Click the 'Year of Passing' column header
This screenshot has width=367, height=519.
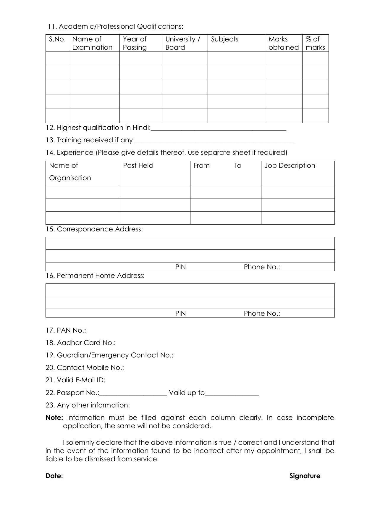[135, 43]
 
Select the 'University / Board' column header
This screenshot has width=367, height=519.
[182, 43]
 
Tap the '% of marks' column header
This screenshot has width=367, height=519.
[315, 43]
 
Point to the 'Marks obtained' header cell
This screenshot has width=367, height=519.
[283, 43]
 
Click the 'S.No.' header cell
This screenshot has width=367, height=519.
[57, 39]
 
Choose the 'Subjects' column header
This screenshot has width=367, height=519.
[224, 39]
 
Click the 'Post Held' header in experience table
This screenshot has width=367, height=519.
[138, 165]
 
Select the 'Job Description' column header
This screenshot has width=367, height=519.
[290, 165]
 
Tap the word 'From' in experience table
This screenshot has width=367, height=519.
[201, 165]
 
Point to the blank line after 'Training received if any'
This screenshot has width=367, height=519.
[214, 141]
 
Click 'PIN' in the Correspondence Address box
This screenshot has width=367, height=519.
[180, 267]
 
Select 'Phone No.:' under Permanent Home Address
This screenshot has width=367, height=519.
[262, 313]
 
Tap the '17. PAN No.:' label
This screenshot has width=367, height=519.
[66, 330]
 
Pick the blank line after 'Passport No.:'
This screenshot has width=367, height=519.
[133, 393]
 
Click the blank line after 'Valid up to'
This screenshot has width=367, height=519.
[232, 393]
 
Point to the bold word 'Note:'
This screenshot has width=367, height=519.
[54, 418]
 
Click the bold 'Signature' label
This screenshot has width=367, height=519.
[305, 476]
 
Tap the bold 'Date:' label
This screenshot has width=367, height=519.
[54, 476]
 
